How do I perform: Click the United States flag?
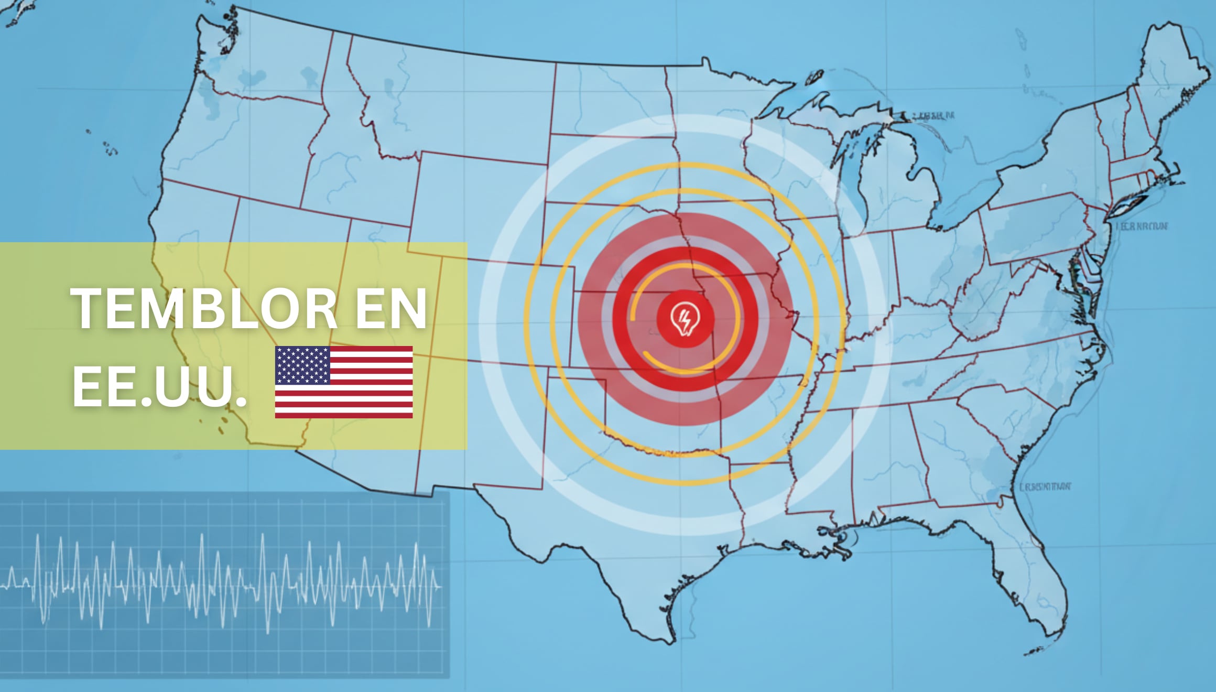click(x=344, y=382)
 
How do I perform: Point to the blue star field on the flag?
click(x=302, y=365)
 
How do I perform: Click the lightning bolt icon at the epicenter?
click(x=685, y=319)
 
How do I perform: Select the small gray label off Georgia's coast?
click(x=1045, y=487)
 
